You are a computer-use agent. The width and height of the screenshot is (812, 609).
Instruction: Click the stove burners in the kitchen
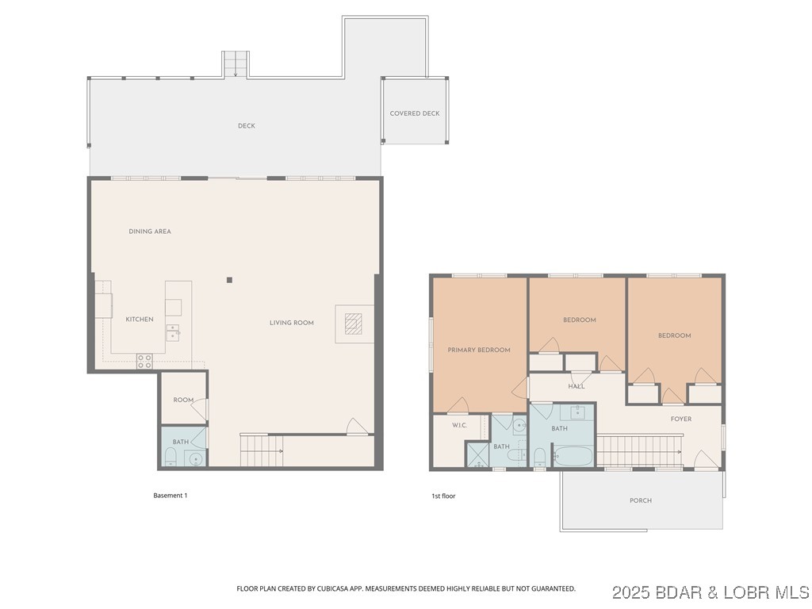tap(144, 361)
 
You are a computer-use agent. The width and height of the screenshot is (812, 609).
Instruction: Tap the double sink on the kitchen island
tap(172, 331)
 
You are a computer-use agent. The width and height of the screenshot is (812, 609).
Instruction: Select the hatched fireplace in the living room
tap(354, 323)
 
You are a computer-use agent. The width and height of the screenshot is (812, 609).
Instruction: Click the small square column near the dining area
tap(229, 279)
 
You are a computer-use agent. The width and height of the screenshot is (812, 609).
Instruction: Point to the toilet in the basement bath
tap(170, 457)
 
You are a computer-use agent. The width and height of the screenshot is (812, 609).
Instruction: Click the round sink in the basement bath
tap(195, 458)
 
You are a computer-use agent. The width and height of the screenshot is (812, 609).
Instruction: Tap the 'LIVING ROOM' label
tap(292, 323)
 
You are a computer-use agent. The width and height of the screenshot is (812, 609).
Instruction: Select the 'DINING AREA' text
tap(150, 232)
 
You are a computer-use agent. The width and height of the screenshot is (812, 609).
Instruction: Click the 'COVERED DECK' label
tap(414, 113)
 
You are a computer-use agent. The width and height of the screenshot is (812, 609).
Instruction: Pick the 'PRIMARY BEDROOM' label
tap(479, 350)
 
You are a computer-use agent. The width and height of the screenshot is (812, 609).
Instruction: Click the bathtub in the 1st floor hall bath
tap(573, 457)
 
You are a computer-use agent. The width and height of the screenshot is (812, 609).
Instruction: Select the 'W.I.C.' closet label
tap(459, 426)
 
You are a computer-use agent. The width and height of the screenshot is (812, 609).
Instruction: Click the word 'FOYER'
tap(680, 419)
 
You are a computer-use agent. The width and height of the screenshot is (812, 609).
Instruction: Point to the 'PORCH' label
tap(640, 500)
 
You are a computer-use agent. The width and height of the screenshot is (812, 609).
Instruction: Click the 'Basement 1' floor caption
tap(170, 496)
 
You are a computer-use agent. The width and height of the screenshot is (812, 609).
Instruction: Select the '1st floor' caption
tap(443, 496)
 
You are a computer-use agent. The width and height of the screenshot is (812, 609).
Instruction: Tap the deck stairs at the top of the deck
tap(235, 64)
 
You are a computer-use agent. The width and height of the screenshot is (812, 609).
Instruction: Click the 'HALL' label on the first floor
tap(576, 386)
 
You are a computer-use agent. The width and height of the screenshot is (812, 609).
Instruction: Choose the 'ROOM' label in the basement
tap(183, 400)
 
